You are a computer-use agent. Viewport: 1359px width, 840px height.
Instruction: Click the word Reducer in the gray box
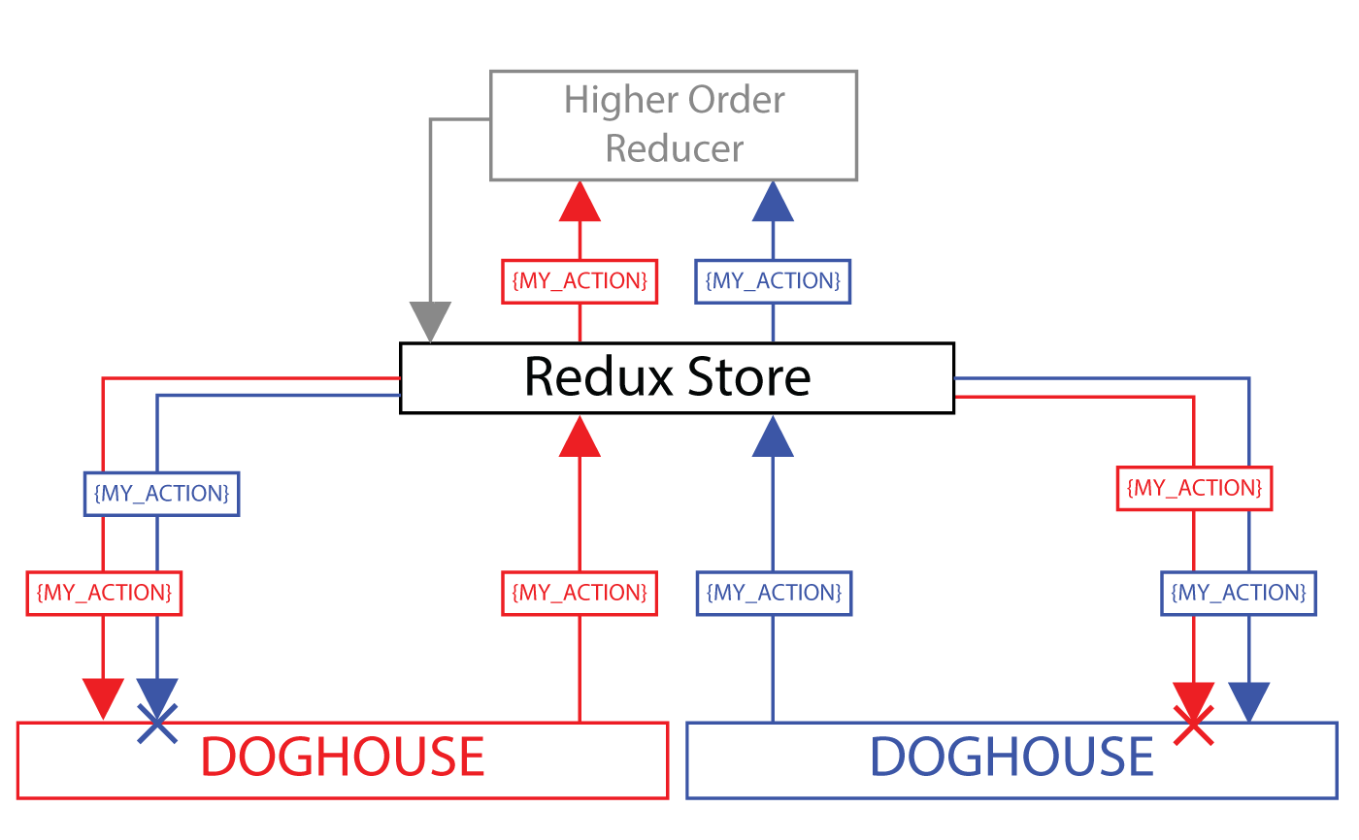tap(675, 148)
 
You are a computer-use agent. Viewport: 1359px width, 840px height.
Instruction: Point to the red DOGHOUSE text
tap(342, 758)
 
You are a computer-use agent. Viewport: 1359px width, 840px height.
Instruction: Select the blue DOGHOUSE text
tap(1011, 758)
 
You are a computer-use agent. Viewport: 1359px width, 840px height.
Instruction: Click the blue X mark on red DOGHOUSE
tap(157, 724)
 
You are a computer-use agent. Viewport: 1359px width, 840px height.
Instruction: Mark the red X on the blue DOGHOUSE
tap(1193, 726)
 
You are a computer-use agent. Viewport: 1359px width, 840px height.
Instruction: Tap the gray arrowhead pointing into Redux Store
tap(430, 321)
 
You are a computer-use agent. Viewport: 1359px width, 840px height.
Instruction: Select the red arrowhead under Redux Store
tap(580, 436)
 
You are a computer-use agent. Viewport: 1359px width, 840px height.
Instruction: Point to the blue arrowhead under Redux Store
tap(773, 436)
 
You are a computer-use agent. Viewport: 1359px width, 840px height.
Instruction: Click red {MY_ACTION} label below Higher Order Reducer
tap(580, 281)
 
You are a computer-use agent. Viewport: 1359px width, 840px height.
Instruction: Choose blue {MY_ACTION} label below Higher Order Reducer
tap(773, 281)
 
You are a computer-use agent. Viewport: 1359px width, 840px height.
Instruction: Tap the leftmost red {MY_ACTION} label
tap(103, 592)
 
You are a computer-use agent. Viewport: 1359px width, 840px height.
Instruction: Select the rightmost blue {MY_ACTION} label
tap(1239, 592)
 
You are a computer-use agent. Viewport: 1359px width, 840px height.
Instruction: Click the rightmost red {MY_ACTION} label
tap(1194, 488)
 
